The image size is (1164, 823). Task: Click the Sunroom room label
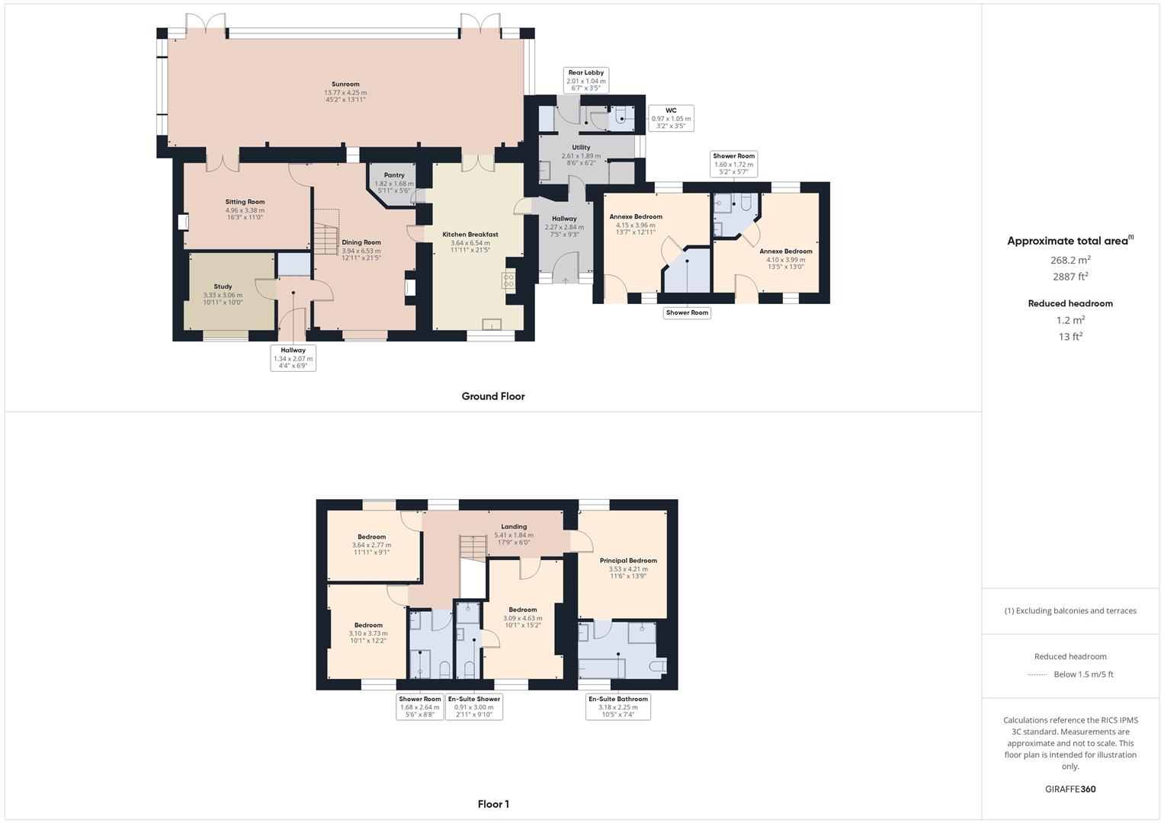345,85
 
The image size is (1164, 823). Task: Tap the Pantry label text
394,175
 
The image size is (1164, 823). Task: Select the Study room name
223,287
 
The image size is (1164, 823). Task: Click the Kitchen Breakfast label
470,235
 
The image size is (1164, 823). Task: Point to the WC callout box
671,118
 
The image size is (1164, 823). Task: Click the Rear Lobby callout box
585,80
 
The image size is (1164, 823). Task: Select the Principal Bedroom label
628,561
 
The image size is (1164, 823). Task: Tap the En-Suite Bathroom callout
617,706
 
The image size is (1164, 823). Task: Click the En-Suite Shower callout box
474,706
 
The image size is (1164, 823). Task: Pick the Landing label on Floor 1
514,527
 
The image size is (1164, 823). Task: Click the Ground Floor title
492,396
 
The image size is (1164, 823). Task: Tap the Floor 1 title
493,804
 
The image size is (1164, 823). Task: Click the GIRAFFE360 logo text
1070,789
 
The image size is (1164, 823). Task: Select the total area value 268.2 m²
1070,260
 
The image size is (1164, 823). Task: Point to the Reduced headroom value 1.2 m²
1070,320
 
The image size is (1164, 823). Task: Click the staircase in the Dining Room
326,232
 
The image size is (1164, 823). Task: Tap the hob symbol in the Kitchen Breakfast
508,280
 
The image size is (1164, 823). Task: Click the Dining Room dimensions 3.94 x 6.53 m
361,251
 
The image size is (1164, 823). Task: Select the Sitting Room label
245,202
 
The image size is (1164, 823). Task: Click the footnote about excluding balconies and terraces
1070,610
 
